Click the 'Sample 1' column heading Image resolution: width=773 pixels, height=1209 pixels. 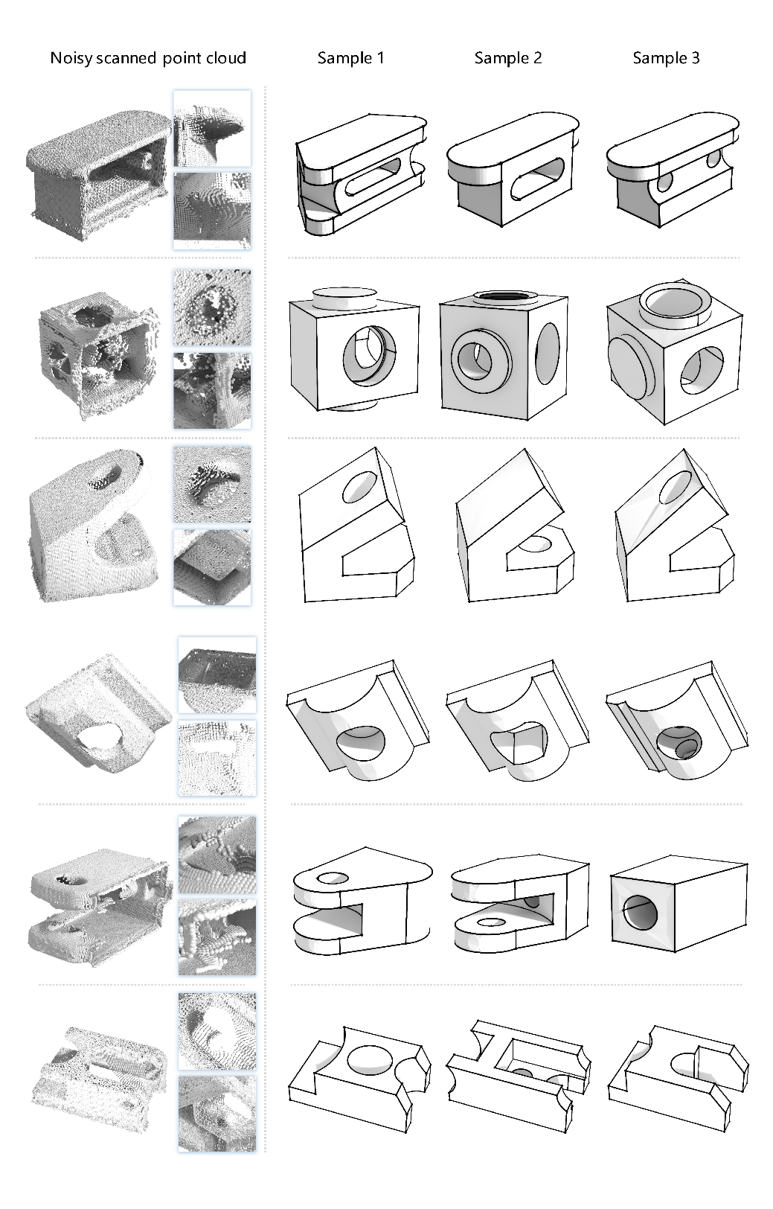350,58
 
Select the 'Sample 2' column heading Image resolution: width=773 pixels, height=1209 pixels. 508,58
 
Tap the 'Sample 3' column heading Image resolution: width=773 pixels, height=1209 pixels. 666,58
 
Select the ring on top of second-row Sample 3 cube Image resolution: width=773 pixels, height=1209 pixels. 674,302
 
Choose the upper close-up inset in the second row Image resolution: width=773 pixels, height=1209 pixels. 212,307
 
